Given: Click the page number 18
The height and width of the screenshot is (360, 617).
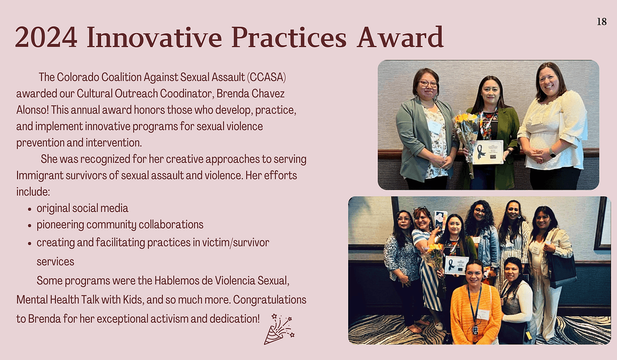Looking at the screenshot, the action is click(x=602, y=22).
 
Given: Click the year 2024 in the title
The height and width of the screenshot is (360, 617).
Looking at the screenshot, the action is click(x=46, y=38).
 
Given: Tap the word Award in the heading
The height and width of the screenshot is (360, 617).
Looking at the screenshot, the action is click(x=400, y=37).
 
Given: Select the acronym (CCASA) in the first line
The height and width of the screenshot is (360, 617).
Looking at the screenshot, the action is click(x=267, y=77).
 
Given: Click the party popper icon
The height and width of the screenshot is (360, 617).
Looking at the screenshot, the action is click(x=279, y=329).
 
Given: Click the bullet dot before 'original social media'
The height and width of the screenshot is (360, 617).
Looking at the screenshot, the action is click(x=30, y=209).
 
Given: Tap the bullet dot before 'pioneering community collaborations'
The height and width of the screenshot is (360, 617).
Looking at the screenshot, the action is click(x=30, y=226).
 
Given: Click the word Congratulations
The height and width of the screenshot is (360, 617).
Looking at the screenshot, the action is click(x=269, y=300).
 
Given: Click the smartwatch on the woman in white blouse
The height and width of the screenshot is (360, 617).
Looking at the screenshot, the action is click(x=552, y=153).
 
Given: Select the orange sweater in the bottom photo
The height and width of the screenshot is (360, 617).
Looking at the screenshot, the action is click(x=476, y=313).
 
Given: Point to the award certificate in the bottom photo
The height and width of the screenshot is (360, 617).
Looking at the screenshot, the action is click(x=456, y=265).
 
